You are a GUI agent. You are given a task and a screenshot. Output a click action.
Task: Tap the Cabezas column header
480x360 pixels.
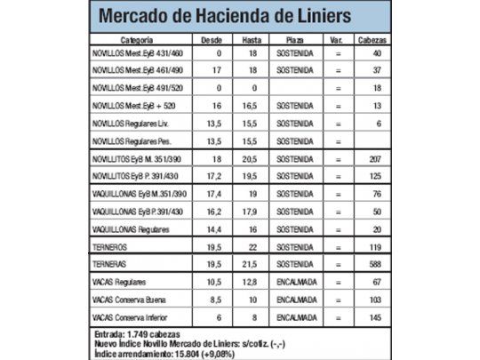[372, 41]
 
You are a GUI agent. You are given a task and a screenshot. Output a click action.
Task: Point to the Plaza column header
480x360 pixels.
[293, 41]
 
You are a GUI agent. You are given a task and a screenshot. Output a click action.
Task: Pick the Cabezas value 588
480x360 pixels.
[377, 265]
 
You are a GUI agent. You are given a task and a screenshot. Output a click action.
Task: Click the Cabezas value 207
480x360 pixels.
[377, 157]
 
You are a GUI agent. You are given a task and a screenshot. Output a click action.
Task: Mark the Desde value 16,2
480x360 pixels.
[212, 212]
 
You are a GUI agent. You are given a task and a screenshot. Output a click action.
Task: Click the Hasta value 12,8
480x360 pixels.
[252, 282]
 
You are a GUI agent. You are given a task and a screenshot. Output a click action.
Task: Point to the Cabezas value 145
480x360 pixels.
[377, 317]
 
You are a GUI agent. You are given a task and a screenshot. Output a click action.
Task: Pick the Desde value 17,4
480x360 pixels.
[212, 193]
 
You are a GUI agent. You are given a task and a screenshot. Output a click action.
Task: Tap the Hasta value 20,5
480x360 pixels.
[252, 157]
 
